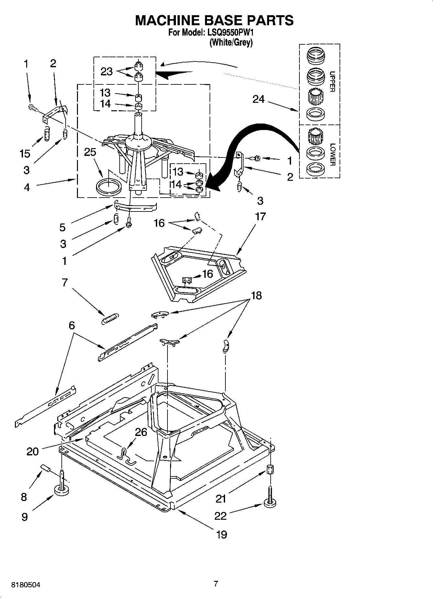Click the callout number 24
pos(258,99)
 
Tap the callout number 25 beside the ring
pos(90,152)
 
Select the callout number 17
pos(260,216)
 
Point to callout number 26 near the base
pos(141,432)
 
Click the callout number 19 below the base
pos(222,535)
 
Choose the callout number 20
pos(33,451)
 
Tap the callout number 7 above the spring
pos(65,282)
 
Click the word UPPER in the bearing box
pos(332,82)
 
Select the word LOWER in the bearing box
pos(332,155)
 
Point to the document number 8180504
pos(26,585)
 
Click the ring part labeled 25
pos(109,187)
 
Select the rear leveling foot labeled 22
pos(270,502)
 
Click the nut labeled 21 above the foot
pos(270,469)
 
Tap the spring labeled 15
pos(47,134)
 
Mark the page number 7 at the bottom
pos(216,584)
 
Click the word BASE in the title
pos(214,20)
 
